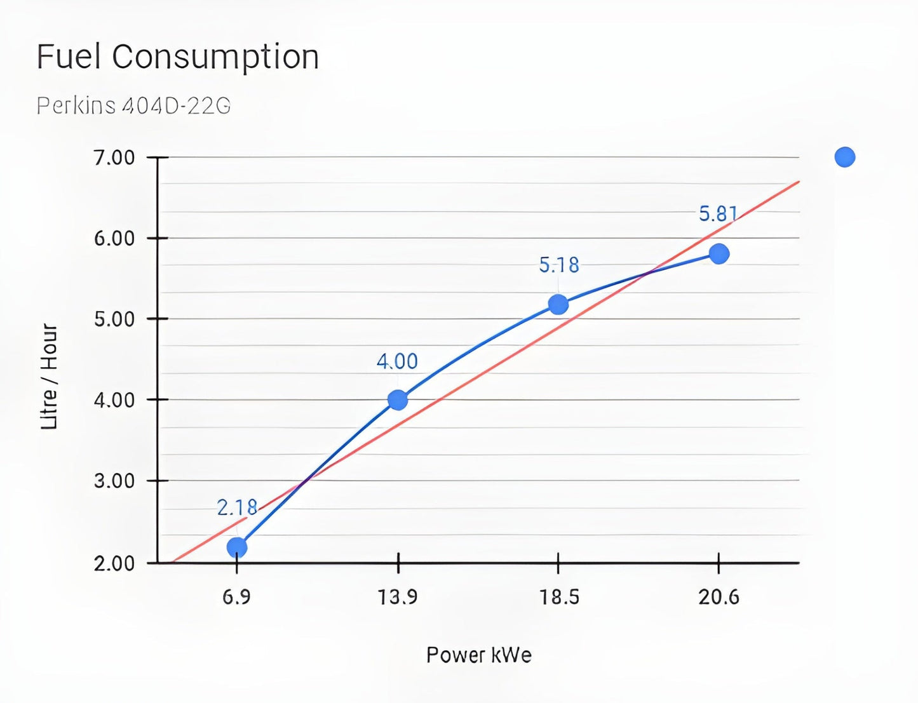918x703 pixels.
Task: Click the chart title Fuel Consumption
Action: click(x=177, y=57)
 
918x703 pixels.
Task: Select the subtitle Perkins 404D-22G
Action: click(x=133, y=105)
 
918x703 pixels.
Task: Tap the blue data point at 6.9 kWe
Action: click(x=237, y=547)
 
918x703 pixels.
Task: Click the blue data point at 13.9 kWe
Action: click(x=398, y=400)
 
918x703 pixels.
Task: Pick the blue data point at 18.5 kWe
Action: click(x=558, y=305)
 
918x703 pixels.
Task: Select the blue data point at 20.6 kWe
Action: click(x=719, y=254)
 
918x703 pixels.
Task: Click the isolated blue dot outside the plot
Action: click(x=845, y=157)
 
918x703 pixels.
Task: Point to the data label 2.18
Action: click(x=237, y=507)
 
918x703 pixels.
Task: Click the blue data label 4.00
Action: click(x=397, y=361)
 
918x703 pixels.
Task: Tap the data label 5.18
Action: click(x=559, y=265)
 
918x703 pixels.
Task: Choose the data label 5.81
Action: click(x=719, y=214)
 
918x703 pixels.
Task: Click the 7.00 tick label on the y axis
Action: click(x=114, y=157)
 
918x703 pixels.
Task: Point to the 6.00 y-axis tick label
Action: click(x=114, y=238)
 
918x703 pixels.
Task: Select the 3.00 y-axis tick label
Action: click(x=114, y=481)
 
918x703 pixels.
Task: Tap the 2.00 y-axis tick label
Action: click(x=114, y=563)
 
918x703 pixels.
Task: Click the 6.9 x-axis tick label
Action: click(x=236, y=597)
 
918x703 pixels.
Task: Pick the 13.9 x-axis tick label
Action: click(x=398, y=597)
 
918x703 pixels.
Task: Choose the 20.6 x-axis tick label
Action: click(x=719, y=597)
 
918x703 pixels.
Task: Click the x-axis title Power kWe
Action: click(x=479, y=655)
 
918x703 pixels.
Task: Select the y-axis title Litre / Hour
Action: click(x=50, y=377)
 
